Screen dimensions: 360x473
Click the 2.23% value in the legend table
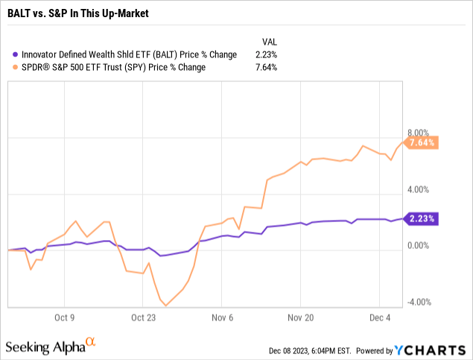(270, 54)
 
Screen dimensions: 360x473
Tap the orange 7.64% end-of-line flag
(422, 142)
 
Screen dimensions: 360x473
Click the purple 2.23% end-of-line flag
(422, 218)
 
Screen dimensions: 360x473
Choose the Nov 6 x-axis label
(220, 315)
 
